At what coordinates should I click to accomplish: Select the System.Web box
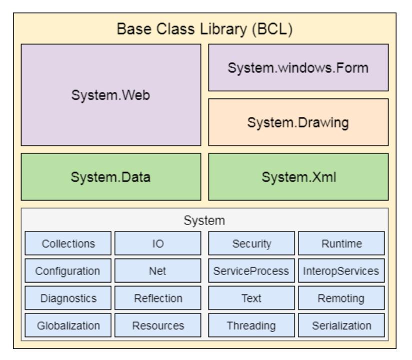point(110,94)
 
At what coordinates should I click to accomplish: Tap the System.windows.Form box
point(298,67)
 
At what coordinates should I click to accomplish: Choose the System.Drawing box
point(298,122)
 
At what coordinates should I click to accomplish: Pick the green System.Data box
point(110,176)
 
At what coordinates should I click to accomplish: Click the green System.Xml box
point(298,176)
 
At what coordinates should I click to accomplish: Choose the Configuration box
point(68,271)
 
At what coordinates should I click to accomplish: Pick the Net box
point(158,271)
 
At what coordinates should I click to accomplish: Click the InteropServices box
point(342,271)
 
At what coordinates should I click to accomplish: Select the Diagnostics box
point(68,298)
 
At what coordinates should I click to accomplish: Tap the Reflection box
point(158,298)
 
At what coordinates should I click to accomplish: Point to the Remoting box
point(342,298)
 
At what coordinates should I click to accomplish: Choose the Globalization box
point(68,326)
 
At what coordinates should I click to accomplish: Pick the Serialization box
point(342,326)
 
